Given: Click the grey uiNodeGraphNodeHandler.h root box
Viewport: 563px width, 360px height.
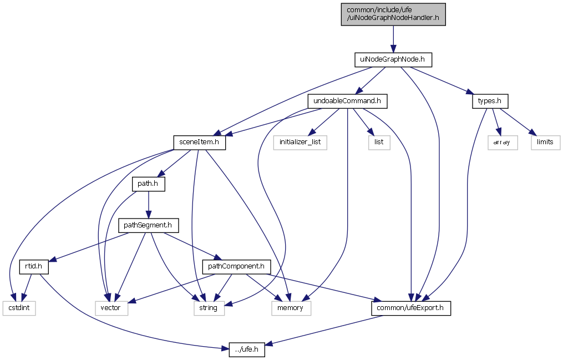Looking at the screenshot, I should tap(393, 13).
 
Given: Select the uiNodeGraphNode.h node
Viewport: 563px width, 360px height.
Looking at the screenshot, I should tap(393, 58).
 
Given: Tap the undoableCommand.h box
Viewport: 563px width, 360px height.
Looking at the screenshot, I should tap(347, 101).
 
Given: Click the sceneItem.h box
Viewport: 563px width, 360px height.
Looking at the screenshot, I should tap(200, 142).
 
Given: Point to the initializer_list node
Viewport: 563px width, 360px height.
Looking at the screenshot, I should tap(300, 142).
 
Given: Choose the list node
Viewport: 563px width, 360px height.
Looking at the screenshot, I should tap(379, 142).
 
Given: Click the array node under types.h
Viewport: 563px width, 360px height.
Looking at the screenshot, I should tap(503, 142).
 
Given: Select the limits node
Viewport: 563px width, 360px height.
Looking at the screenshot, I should tap(545, 142).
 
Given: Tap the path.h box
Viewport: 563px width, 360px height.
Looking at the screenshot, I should tap(148, 184).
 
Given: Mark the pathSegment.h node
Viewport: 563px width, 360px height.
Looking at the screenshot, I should tap(148, 225).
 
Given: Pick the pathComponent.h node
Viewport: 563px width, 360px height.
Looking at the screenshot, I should tap(236, 267).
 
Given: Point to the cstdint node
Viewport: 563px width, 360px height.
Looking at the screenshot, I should tap(19, 308).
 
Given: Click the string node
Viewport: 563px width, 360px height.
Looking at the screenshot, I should tap(209, 308).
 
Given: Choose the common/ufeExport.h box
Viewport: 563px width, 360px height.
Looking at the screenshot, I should tap(410, 308).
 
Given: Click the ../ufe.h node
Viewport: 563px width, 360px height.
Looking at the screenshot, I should tap(247, 349).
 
